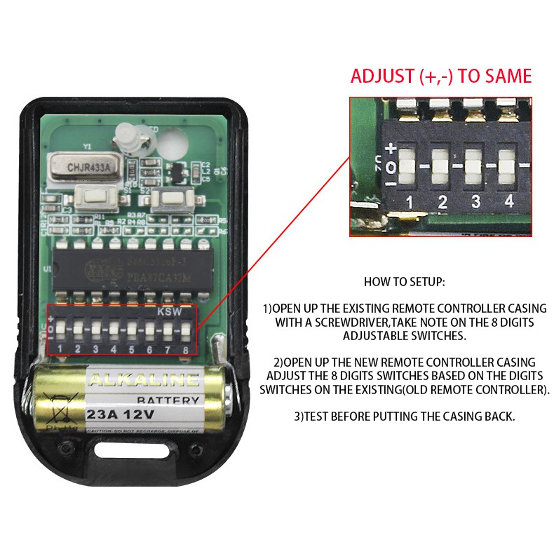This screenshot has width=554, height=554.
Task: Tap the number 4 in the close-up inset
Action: coord(508,202)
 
